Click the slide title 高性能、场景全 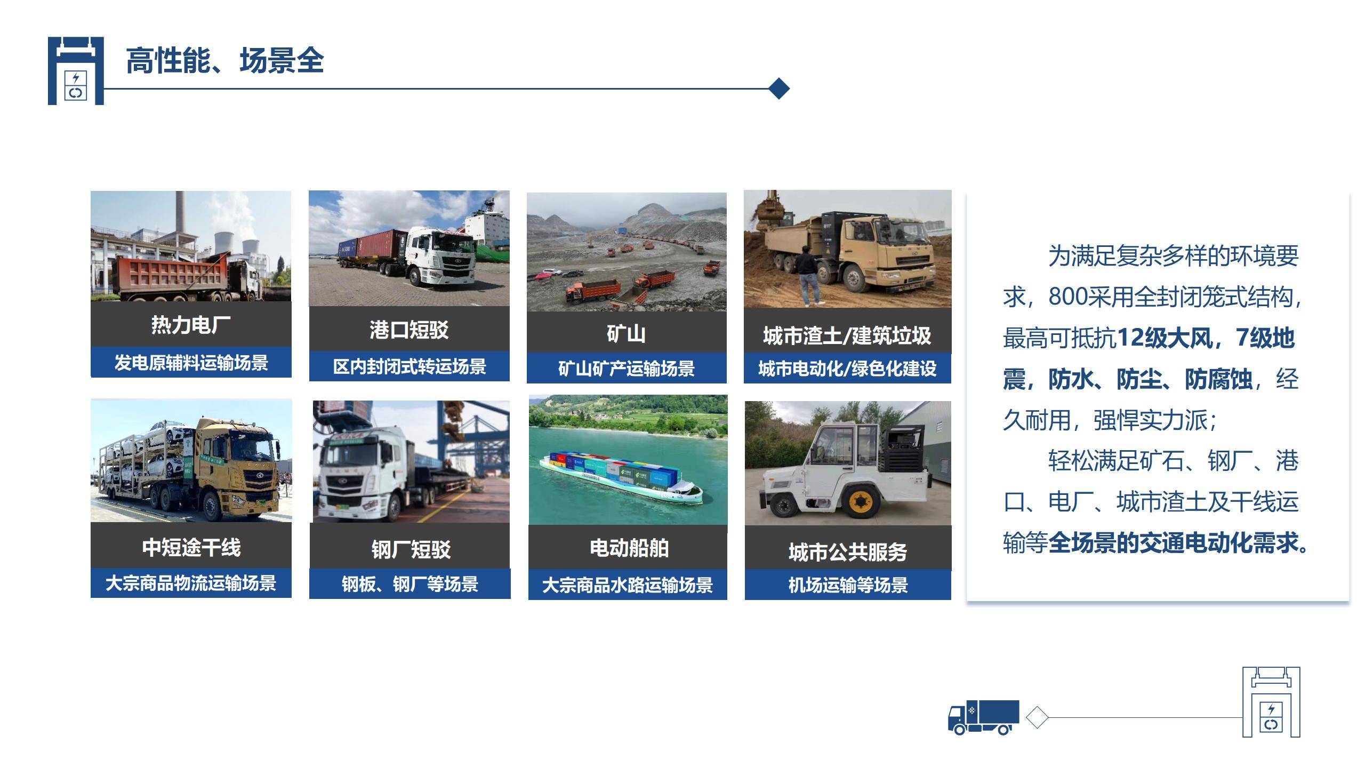tap(225, 60)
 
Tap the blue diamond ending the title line tap(780, 89)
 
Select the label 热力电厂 tap(191, 324)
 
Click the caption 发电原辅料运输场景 tap(191, 363)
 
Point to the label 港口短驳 tap(409, 330)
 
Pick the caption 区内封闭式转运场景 tap(409, 366)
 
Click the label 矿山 tap(626, 333)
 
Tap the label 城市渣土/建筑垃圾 tap(847, 335)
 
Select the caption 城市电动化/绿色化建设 tap(847, 369)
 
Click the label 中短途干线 tap(191, 547)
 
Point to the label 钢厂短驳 tap(411, 549)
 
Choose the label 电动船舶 tap(629, 548)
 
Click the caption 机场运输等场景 tap(848, 585)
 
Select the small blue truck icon tap(983, 717)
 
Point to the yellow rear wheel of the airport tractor tap(860, 501)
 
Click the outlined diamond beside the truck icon tap(1037, 717)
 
